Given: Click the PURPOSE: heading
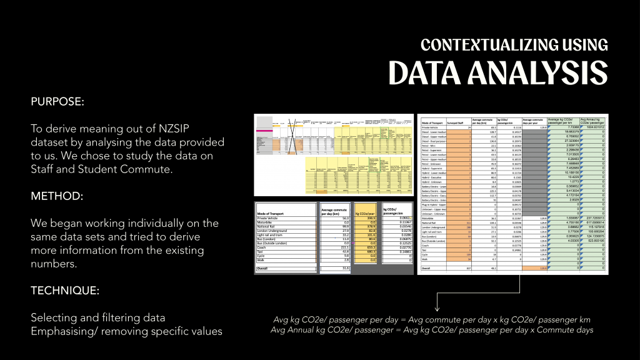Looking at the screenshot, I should (x=57, y=101).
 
